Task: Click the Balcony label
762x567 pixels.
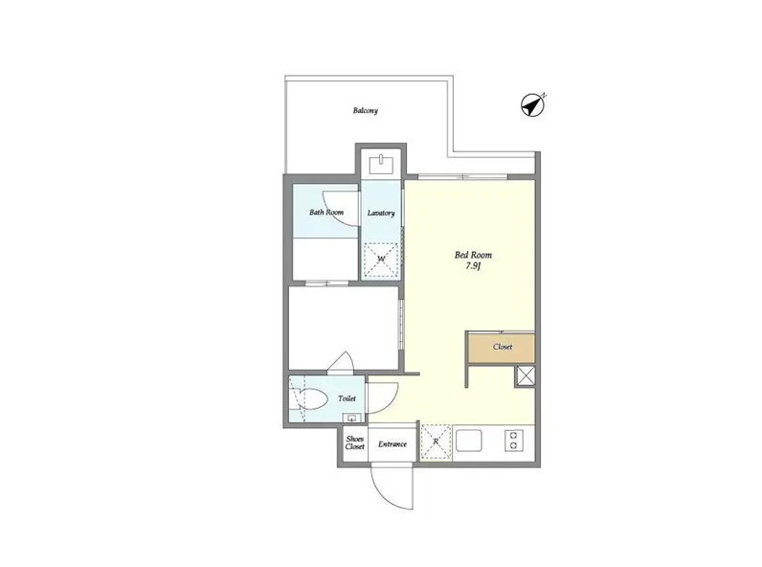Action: pos(365,110)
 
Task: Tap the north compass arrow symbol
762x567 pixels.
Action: pos(533,105)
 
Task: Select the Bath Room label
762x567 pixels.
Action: pos(326,212)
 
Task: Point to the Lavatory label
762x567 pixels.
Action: pos(381,213)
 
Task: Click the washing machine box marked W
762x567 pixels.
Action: pos(381,260)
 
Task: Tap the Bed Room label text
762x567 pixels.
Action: pos(473,255)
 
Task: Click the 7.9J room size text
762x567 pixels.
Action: pos(473,266)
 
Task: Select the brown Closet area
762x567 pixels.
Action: pos(502,348)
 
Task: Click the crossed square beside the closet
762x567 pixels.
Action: pos(526,376)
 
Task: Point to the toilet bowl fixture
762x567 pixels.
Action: pos(308,399)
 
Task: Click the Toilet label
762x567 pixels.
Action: pos(347,398)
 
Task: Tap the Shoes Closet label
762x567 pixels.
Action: pos(355,442)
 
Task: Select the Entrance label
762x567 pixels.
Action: pos(392,444)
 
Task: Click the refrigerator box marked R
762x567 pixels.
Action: pos(436,442)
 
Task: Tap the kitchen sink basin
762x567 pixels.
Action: pos(469,441)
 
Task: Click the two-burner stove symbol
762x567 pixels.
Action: pos(514,440)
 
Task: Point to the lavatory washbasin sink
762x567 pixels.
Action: pos(382,165)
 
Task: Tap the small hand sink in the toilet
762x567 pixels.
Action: pos(351,418)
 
